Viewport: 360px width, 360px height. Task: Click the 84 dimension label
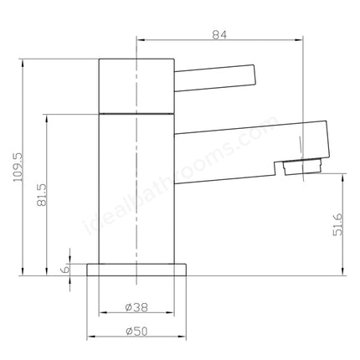[219, 35]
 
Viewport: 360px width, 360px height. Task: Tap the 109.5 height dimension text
[19, 167]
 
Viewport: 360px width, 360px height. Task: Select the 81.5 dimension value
[42, 194]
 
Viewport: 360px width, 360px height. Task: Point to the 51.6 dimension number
[337, 224]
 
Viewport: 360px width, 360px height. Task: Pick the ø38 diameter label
[136, 307]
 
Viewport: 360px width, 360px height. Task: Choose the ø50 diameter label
[136, 332]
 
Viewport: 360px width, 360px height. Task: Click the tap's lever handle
[215, 78]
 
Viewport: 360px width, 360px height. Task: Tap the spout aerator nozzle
[302, 167]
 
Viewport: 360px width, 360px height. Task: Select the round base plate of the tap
[136, 270]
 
